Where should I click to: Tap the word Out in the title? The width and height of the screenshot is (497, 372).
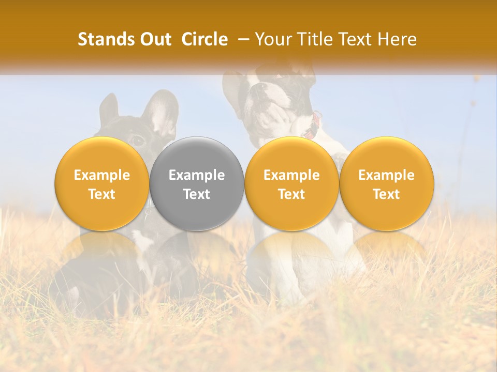154,40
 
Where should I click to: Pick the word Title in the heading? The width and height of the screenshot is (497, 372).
315,40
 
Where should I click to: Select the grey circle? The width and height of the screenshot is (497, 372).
197,183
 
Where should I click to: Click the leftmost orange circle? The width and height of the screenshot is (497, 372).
102,183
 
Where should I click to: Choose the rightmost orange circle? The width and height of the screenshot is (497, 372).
386,183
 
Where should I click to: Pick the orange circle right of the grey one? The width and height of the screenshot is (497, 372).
291,183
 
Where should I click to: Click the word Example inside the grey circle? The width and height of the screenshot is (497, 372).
197,175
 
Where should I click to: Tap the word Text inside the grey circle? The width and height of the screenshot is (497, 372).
197,194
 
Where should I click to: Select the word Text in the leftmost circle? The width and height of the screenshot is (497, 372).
102,194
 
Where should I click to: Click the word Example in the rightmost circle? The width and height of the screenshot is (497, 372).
386,175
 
